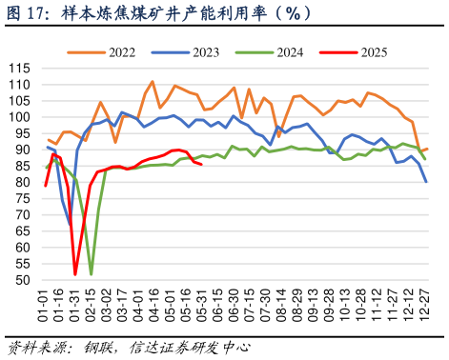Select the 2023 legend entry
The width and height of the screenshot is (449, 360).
point(212,51)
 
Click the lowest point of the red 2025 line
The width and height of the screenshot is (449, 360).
point(75,274)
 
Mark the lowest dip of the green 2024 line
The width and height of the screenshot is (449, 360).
point(92,274)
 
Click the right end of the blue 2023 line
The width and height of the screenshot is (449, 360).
point(425,181)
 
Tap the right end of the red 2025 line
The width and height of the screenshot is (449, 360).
point(201,165)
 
